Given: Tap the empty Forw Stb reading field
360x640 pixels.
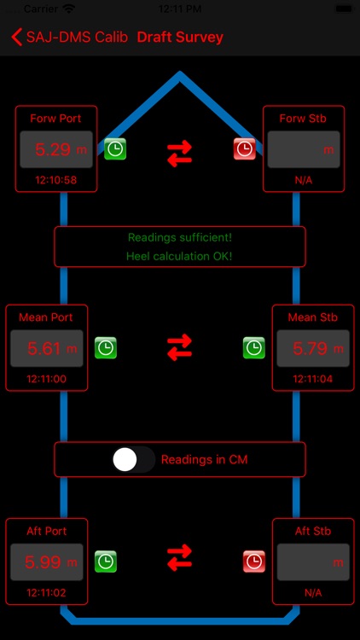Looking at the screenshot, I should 304,149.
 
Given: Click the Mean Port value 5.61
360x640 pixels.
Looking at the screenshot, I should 46,348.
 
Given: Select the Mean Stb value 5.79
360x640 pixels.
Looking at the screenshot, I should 311,348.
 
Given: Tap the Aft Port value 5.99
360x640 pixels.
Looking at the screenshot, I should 46,561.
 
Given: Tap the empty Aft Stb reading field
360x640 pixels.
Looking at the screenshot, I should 311,561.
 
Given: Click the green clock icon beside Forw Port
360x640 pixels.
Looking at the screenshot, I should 115,149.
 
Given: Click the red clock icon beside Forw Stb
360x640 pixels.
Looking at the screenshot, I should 245,149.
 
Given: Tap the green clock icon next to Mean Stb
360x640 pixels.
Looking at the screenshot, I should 253,347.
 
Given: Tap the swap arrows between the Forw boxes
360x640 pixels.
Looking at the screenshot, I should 179,153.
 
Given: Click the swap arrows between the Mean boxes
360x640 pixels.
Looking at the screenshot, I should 179,347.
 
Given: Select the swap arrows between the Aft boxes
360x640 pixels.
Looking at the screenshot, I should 179,558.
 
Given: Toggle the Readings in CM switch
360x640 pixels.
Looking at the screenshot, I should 134,459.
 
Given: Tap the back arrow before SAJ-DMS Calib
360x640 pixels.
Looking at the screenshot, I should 15,38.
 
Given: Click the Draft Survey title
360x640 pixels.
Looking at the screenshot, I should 180,38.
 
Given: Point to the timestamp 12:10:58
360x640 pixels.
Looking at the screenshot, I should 56,180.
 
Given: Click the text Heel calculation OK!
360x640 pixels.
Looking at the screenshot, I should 179,255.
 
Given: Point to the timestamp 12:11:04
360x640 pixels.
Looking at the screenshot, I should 311,378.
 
